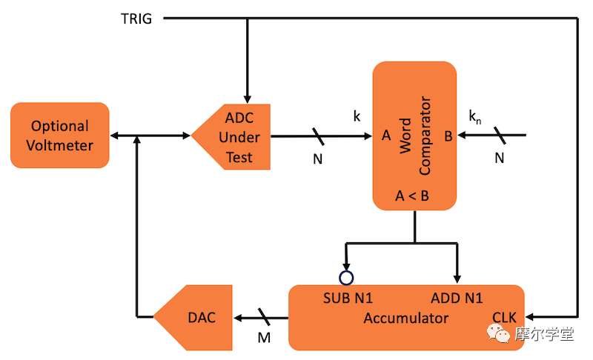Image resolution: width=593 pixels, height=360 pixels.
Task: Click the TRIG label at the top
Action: [x=136, y=19]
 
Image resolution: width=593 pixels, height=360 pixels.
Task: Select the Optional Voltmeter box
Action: [x=59, y=136]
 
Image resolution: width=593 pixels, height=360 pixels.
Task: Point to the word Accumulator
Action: [x=405, y=319]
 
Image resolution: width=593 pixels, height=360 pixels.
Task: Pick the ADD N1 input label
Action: [x=456, y=299]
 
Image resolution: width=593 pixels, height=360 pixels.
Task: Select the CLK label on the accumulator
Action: [x=504, y=319]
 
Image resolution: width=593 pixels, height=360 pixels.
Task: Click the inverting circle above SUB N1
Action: [x=345, y=278]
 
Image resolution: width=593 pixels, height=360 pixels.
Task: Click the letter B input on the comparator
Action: [x=447, y=136]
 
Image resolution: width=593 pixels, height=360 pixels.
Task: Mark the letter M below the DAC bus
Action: [x=264, y=338]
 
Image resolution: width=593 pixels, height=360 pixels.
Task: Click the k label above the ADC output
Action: [x=357, y=116]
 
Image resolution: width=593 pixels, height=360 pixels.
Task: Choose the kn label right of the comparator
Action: [x=475, y=116]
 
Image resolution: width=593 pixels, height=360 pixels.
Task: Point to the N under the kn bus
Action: [x=499, y=158]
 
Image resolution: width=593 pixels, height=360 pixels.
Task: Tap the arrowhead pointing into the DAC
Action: [x=239, y=319]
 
